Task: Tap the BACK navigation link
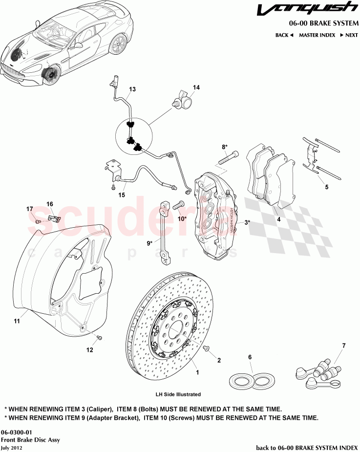point(284,35)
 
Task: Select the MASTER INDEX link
point(317,35)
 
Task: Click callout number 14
point(196,88)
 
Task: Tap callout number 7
point(343,346)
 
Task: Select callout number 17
point(30,209)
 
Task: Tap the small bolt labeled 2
point(207,348)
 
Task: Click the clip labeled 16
point(55,216)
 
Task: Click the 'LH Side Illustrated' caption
point(178,394)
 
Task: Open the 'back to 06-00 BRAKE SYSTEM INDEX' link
point(307,447)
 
